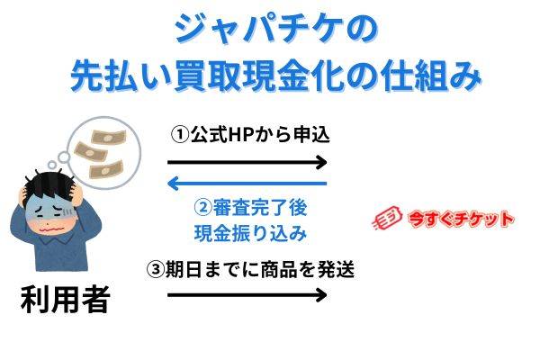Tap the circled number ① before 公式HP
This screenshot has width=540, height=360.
[180, 135]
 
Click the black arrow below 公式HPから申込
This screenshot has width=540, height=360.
[247, 162]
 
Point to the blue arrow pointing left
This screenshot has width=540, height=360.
[247, 184]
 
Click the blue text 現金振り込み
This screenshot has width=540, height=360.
[250, 233]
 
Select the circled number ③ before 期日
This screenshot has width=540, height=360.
[156, 269]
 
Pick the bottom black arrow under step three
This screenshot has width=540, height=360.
[247, 295]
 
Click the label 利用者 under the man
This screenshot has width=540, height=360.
[66, 299]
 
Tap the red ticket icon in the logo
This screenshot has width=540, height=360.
[387, 218]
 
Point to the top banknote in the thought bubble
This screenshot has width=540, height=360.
[109, 137]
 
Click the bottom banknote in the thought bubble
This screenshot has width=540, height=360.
[106, 170]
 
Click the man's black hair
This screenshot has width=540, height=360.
[49, 185]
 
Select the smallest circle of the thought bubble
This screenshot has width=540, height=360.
[52, 165]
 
